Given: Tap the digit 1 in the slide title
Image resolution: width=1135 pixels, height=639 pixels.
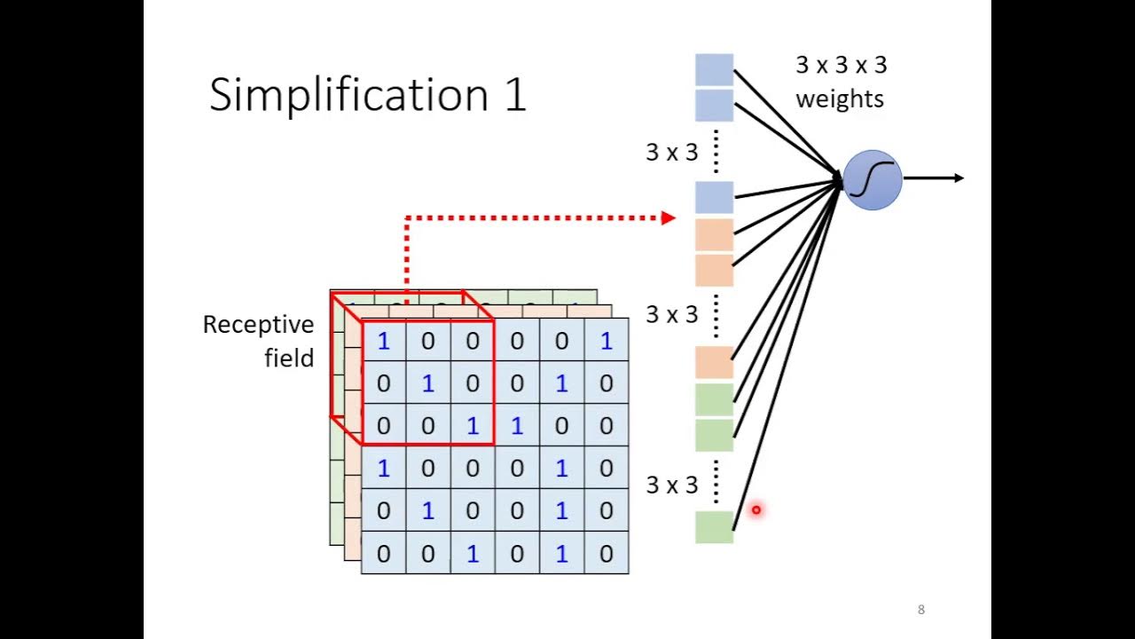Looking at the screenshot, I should [x=515, y=95].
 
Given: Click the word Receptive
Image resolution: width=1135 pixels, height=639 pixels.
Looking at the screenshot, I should [x=258, y=325].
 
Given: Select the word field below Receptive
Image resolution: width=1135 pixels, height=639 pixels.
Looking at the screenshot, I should [x=289, y=359].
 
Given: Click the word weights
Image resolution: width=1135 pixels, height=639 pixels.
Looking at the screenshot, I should [x=840, y=99].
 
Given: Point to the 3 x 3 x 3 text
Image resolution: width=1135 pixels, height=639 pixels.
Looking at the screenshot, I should [x=841, y=65].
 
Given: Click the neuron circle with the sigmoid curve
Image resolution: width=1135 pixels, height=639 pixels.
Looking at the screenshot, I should [x=873, y=180].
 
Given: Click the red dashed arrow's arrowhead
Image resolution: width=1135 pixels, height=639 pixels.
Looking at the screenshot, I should [x=669, y=217].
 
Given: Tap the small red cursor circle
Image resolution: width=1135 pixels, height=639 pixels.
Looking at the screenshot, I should [x=756, y=509].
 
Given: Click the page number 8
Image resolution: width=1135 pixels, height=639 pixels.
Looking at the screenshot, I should [x=921, y=610].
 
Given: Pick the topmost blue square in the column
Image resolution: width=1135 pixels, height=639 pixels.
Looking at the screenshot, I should [x=714, y=69].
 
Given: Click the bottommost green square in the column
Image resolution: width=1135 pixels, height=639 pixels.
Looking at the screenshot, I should [x=714, y=526].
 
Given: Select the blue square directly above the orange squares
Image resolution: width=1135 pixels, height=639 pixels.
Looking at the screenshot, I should [x=714, y=197].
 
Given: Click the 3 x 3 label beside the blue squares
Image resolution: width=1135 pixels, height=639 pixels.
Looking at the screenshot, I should [x=671, y=153].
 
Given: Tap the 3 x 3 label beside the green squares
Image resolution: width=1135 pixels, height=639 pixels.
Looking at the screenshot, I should [x=671, y=485].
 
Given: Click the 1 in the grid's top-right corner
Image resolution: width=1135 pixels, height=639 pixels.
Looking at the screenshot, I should [x=606, y=341].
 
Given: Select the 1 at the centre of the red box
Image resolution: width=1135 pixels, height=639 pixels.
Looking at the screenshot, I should [x=428, y=383].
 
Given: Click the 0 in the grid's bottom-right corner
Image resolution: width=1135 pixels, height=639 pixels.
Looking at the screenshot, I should [x=606, y=554].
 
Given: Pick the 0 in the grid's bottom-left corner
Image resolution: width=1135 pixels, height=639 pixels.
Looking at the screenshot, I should [x=383, y=554].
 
